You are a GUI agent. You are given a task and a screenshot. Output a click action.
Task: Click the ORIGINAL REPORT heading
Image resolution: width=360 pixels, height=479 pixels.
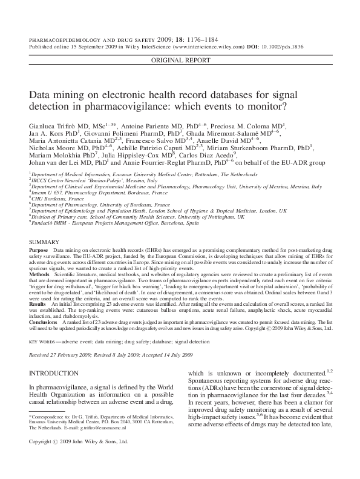[180, 61]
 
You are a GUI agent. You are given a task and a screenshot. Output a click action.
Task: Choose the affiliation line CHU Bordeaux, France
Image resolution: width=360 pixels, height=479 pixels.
[58, 199]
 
